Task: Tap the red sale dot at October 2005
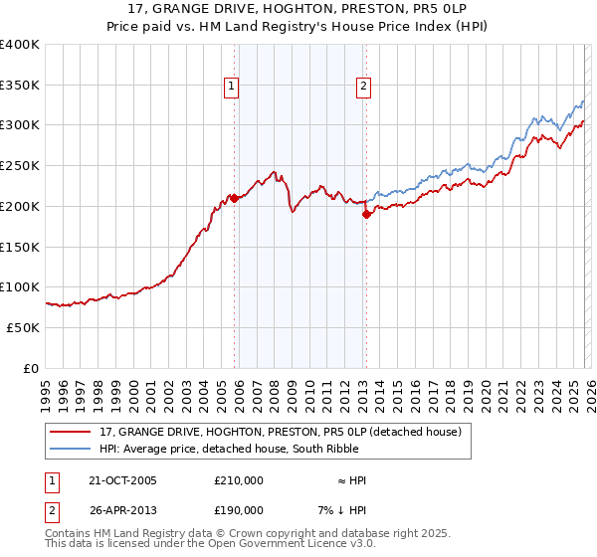tap(235, 198)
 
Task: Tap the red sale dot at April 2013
tap(366, 214)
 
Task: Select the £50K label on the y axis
tap(23, 327)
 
